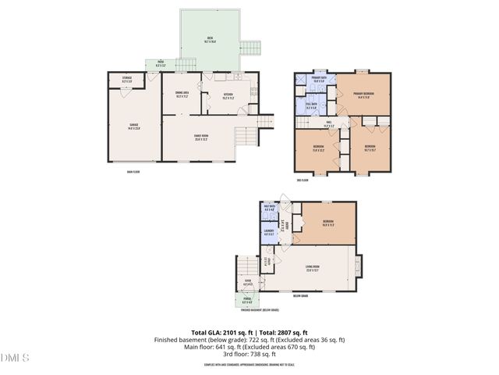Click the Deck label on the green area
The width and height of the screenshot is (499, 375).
(x=210, y=39)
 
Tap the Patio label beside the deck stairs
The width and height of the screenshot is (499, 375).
(x=160, y=63)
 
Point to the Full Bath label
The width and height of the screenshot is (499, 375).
(x=311, y=105)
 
